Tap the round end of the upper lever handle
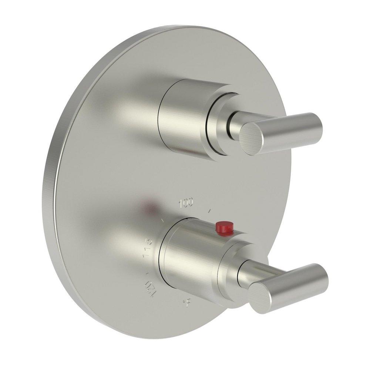point(253,137)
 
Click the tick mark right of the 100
point(210,211)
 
